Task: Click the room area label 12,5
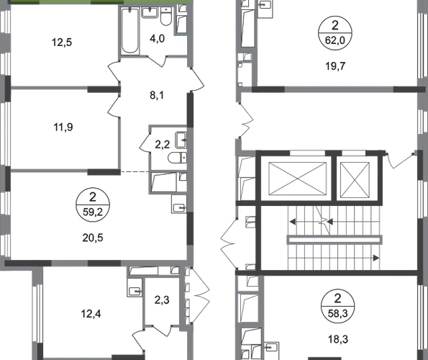point(62,42)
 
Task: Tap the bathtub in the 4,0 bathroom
point(129,30)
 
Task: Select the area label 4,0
point(158,38)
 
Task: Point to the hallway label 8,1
point(157,95)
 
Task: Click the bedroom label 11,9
point(63,127)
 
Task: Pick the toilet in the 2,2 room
point(177,158)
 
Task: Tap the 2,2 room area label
point(163,145)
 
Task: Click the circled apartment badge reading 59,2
point(93,204)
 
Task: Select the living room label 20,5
point(93,238)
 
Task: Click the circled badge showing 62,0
point(335,33)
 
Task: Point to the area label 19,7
point(335,66)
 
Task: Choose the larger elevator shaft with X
point(298,179)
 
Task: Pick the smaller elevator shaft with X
point(355,179)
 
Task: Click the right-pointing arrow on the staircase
point(376,258)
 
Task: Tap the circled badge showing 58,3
point(338,306)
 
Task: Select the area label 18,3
point(338,339)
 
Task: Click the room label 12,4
point(91,314)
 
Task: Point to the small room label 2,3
point(162,300)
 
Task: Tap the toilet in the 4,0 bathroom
point(165,17)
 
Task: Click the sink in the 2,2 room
point(181,140)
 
